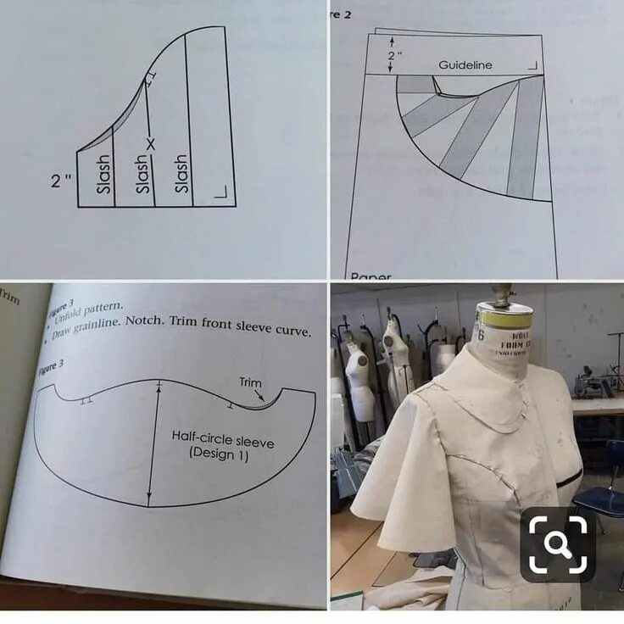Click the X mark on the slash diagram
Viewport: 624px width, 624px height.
click(x=151, y=145)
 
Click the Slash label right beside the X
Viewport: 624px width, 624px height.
click(x=143, y=175)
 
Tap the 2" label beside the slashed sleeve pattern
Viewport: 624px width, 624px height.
click(x=61, y=180)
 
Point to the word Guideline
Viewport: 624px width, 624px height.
click(x=465, y=65)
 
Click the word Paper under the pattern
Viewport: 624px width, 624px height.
click(x=370, y=276)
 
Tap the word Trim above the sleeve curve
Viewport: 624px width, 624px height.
click(x=250, y=382)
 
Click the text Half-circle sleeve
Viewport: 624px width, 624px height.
click(x=222, y=438)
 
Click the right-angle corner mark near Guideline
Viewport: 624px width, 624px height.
click(x=532, y=65)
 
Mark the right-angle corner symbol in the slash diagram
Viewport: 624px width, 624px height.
click(x=222, y=194)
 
